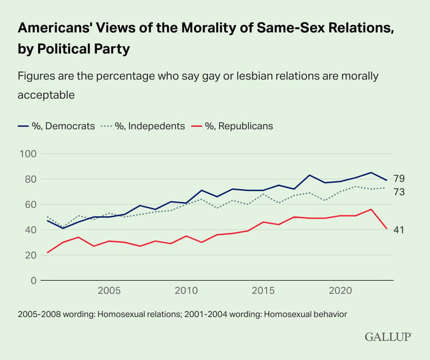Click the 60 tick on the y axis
click(28, 205)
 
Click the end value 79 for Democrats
click(399, 179)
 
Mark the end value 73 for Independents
click(399, 192)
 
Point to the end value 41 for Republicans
click(399, 230)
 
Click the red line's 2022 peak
click(371, 209)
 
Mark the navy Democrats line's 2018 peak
click(309, 175)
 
